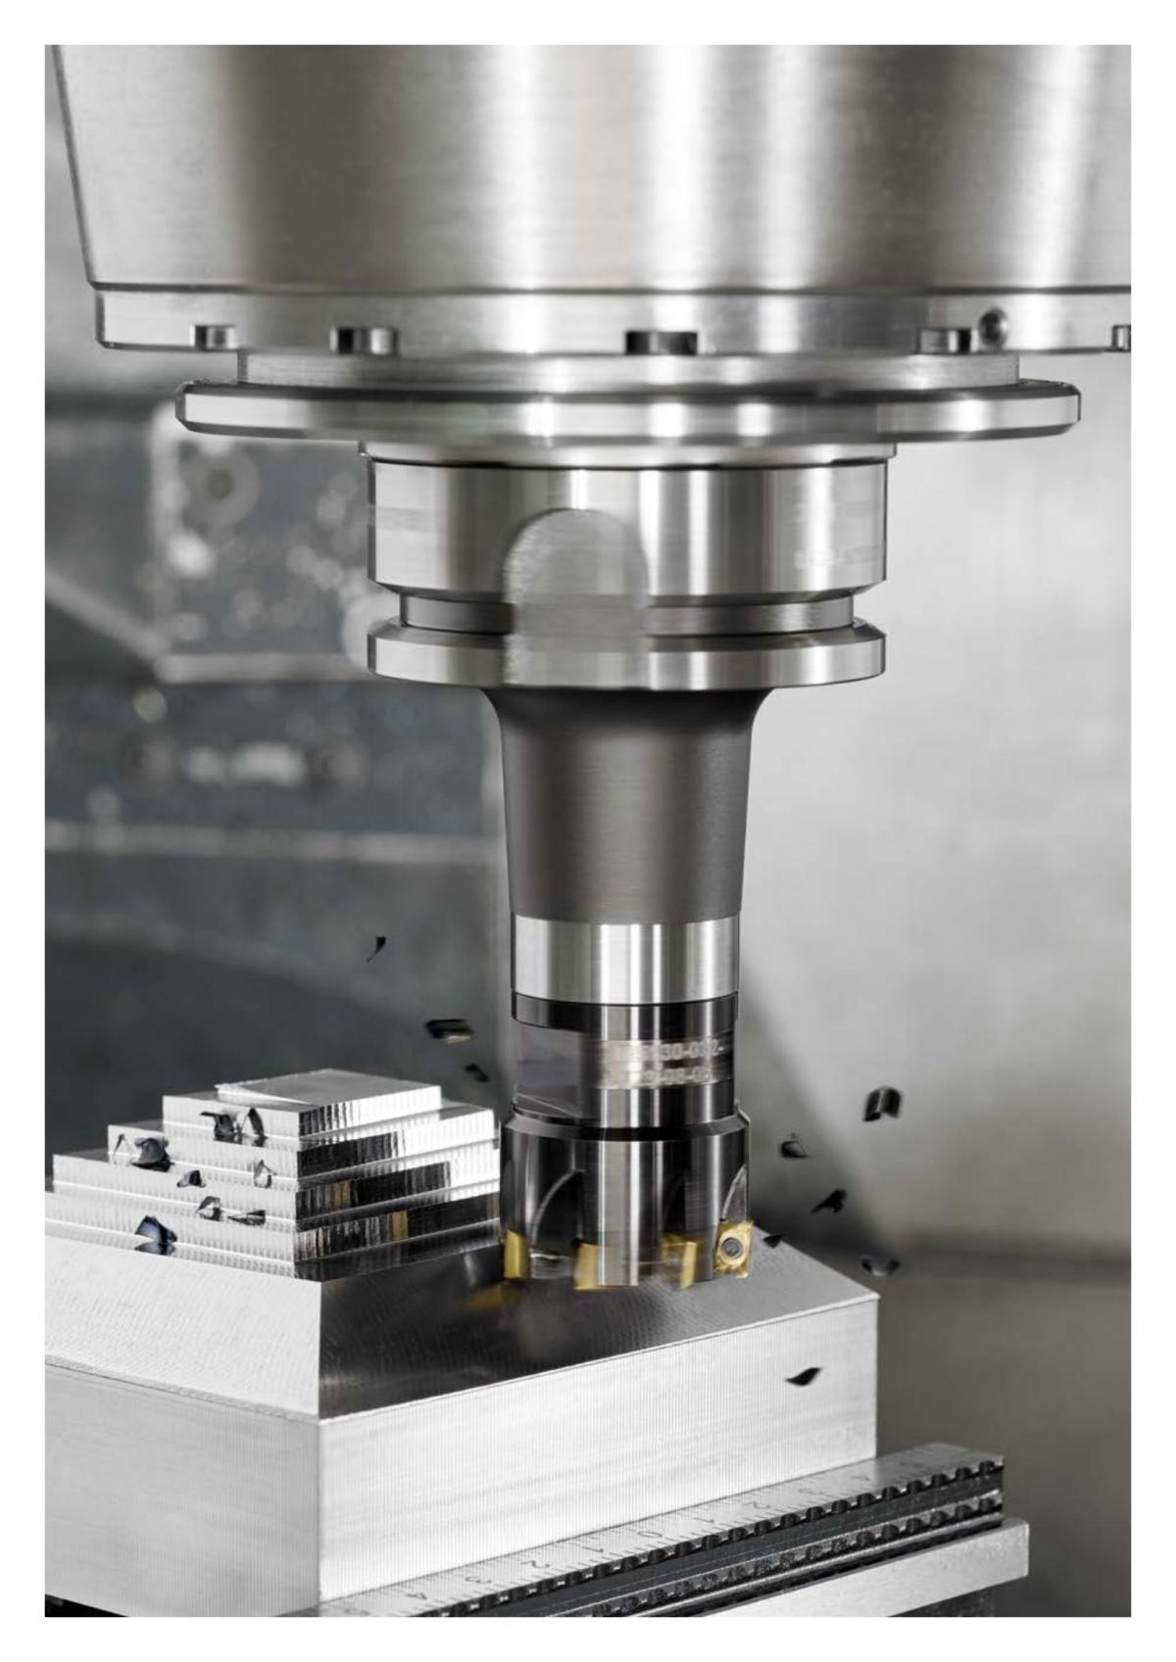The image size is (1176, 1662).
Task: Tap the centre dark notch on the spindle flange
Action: point(661,343)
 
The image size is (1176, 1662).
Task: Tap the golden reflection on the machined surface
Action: point(490,1298)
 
